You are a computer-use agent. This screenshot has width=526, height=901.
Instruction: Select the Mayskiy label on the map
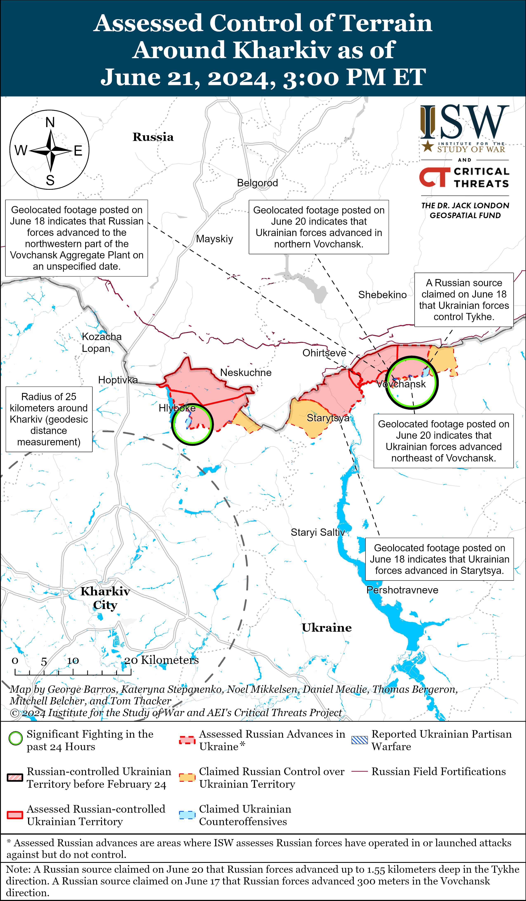[214, 239]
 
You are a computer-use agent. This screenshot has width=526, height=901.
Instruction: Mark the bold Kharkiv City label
[105, 598]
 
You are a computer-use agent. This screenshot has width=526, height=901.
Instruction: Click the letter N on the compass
[50, 123]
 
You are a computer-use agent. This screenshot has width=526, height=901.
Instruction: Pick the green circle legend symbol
[15, 738]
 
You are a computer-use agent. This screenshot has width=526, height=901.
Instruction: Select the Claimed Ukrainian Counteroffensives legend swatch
[187, 815]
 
